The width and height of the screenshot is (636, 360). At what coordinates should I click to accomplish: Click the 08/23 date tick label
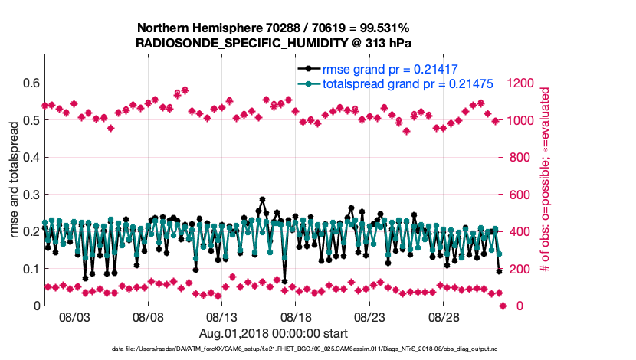369,316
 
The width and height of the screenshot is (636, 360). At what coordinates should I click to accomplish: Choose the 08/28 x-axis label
444,316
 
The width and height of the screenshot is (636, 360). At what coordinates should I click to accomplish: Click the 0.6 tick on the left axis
31,83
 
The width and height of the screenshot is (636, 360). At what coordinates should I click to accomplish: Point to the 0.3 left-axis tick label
31,195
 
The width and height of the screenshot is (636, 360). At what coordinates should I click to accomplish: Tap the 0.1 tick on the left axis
31,269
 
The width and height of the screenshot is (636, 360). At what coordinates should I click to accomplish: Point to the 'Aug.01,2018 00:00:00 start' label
274,333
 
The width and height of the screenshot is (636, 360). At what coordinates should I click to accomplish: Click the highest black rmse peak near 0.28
262,200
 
